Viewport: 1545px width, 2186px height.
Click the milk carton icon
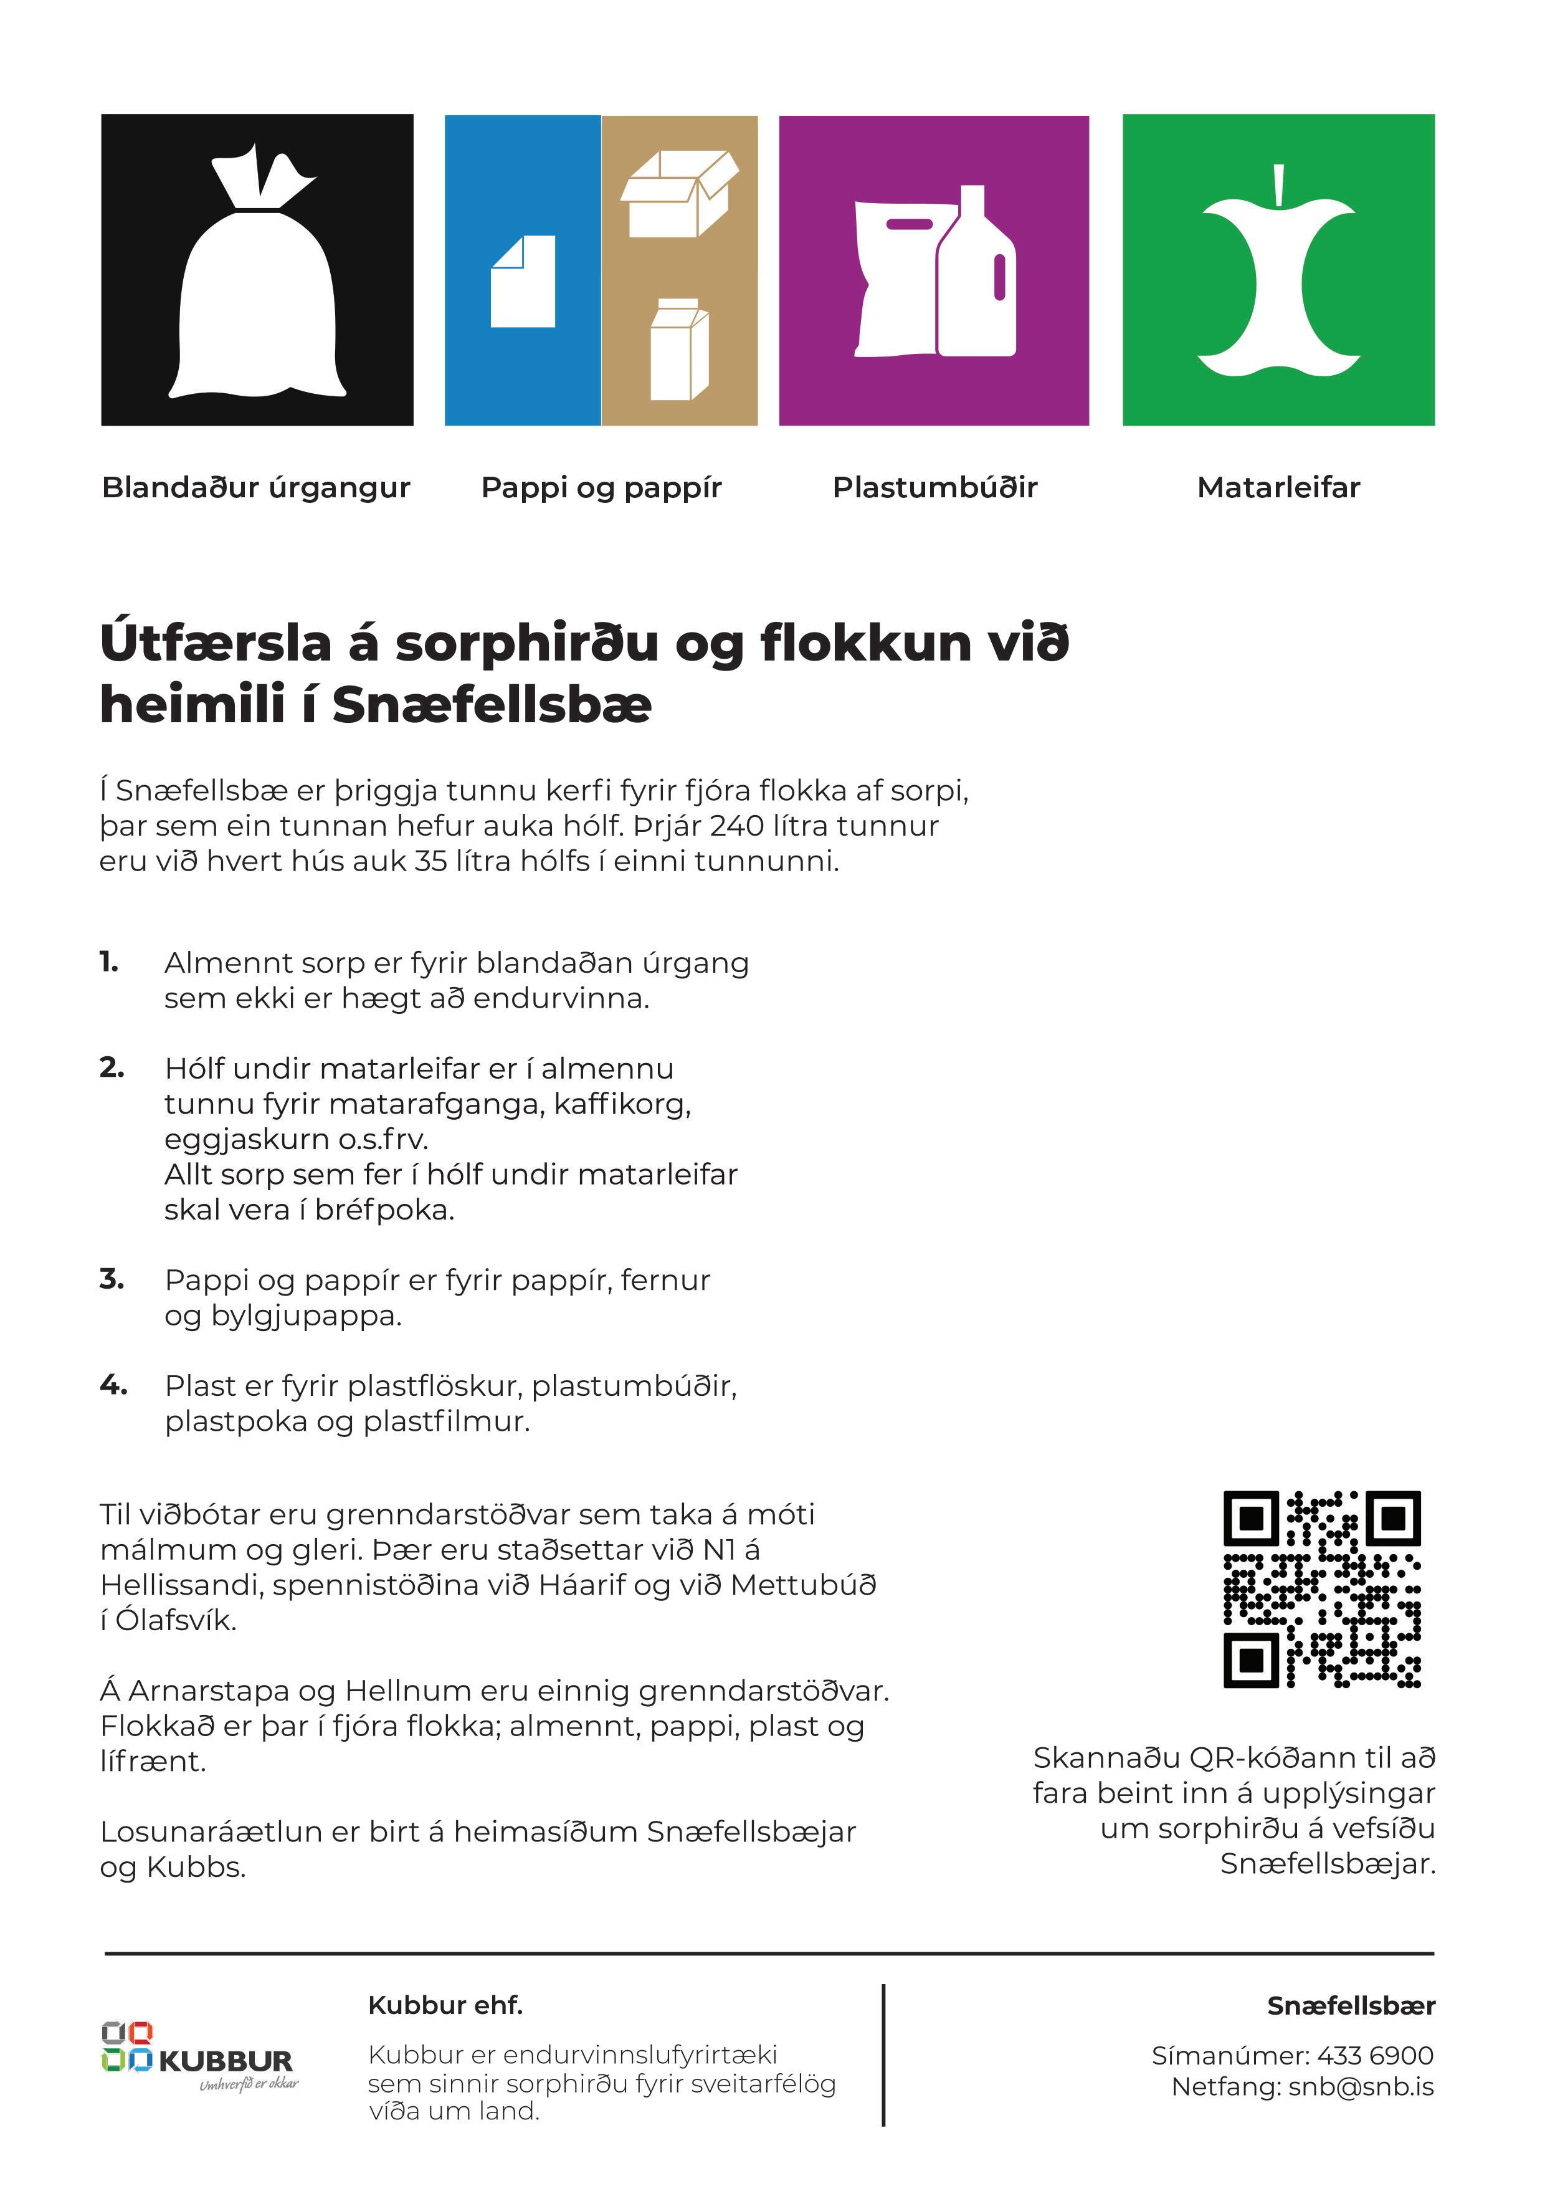click(678, 350)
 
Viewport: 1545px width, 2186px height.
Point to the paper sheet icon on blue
click(523, 282)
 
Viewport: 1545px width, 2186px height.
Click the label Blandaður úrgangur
click(255, 487)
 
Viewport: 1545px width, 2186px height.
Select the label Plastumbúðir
click(934, 487)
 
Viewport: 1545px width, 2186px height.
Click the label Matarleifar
click(1278, 487)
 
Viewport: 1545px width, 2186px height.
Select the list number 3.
click(112, 1279)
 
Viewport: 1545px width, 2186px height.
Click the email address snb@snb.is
click(1361, 2087)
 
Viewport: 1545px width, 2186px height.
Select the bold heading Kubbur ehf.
click(445, 2006)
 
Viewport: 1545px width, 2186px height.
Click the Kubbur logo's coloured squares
click(126, 2047)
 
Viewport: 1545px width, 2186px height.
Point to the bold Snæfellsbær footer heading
click(1350, 2006)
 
